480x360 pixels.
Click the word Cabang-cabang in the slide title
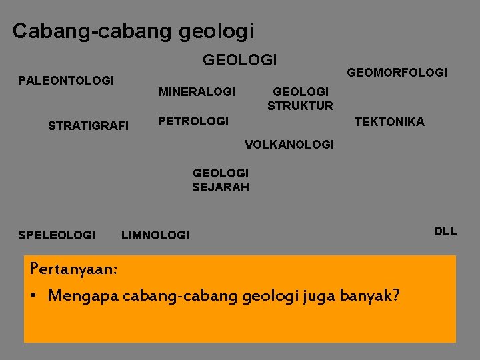(x=93, y=31)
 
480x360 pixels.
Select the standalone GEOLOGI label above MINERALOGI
(x=239, y=60)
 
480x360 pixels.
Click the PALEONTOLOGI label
(x=65, y=81)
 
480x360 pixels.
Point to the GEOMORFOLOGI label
(x=397, y=72)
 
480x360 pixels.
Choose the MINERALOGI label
(x=197, y=91)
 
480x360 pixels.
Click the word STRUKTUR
(x=300, y=105)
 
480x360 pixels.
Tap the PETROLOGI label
(x=193, y=121)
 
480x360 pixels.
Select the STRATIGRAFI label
(x=89, y=125)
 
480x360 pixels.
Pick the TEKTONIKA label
(x=389, y=121)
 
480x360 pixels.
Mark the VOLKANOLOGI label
(x=289, y=144)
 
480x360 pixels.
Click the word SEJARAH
(x=221, y=187)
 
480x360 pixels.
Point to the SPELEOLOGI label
(x=57, y=235)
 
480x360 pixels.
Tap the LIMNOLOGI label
(x=155, y=235)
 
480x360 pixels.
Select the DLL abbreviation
(x=445, y=231)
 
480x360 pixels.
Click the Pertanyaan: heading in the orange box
(x=74, y=269)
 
